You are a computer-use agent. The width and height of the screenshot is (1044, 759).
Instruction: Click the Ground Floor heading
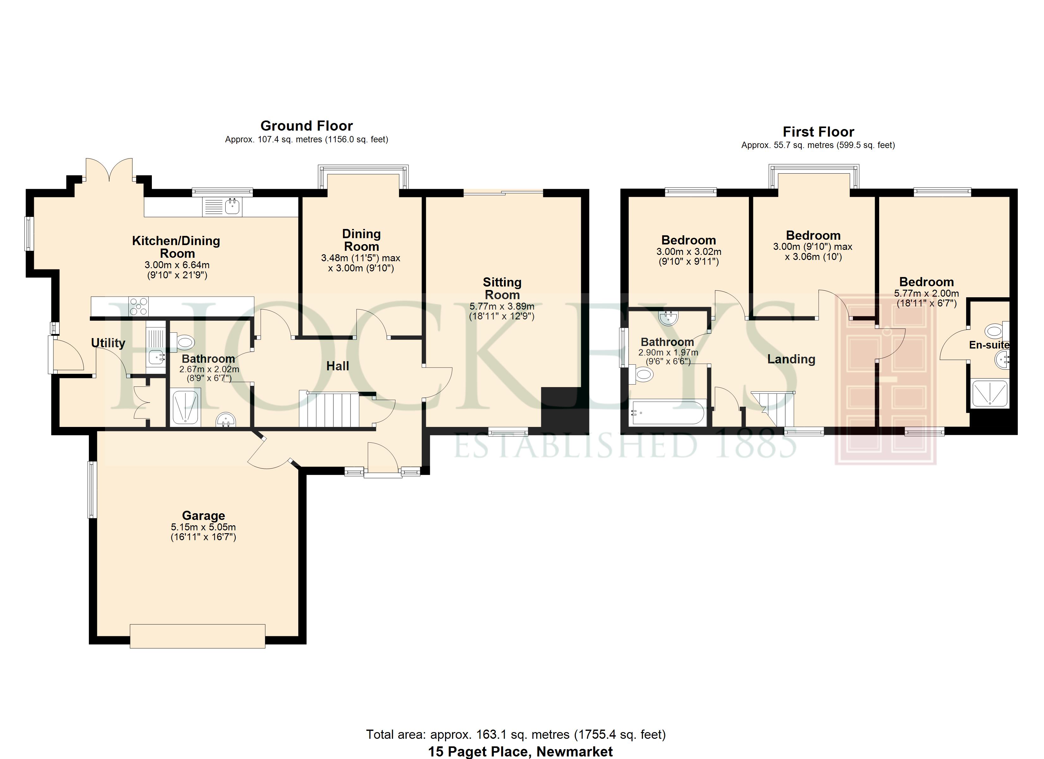point(307,126)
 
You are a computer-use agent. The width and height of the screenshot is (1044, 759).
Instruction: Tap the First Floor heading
point(818,132)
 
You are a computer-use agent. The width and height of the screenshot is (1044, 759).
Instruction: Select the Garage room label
point(203,515)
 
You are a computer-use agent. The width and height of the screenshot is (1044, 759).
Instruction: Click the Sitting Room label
point(502,289)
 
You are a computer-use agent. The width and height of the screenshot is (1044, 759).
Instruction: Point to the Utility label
point(108,343)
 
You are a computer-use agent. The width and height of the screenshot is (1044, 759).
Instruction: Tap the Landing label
point(791,359)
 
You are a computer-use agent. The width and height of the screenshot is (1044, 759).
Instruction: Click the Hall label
point(338,366)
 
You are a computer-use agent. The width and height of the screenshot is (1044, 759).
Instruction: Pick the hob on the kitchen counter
point(139,306)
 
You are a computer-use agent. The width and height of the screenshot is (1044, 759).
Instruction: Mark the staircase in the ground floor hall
point(329,409)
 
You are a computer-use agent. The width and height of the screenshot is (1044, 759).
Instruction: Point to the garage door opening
point(197,636)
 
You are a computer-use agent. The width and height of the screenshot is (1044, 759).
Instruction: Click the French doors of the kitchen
point(109,170)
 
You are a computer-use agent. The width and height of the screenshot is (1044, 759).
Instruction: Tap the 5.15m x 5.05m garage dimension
point(203,527)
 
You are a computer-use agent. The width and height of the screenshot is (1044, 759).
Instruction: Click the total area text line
point(516,734)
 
